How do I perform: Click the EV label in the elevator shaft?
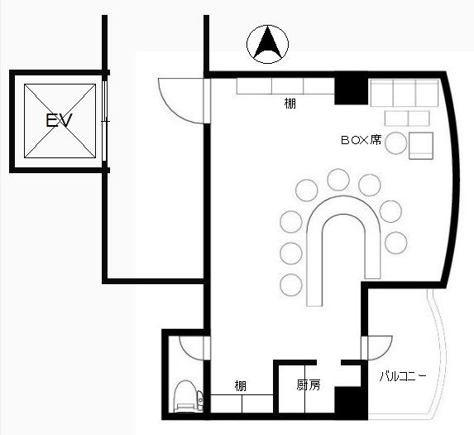(x=59, y=120)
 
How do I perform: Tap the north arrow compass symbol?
(x=267, y=44)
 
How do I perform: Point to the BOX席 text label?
(x=361, y=140)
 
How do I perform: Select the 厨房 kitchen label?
(x=309, y=385)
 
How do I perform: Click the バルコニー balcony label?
(x=403, y=376)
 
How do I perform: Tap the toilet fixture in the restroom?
(x=189, y=397)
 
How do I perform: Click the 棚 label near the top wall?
(x=290, y=104)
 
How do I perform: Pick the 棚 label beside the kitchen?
(x=241, y=386)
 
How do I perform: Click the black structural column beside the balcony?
(x=351, y=403)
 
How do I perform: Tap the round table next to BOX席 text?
(x=396, y=143)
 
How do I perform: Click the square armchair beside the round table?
(x=421, y=146)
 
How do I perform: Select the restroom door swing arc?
(x=185, y=352)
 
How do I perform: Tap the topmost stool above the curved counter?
(x=338, y=180)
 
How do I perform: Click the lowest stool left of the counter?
(x=291, y=285)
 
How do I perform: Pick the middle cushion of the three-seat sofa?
(x=405, y=93)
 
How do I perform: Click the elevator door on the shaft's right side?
(x=104, y=121)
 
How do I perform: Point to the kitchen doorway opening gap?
(x=329, y=362)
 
